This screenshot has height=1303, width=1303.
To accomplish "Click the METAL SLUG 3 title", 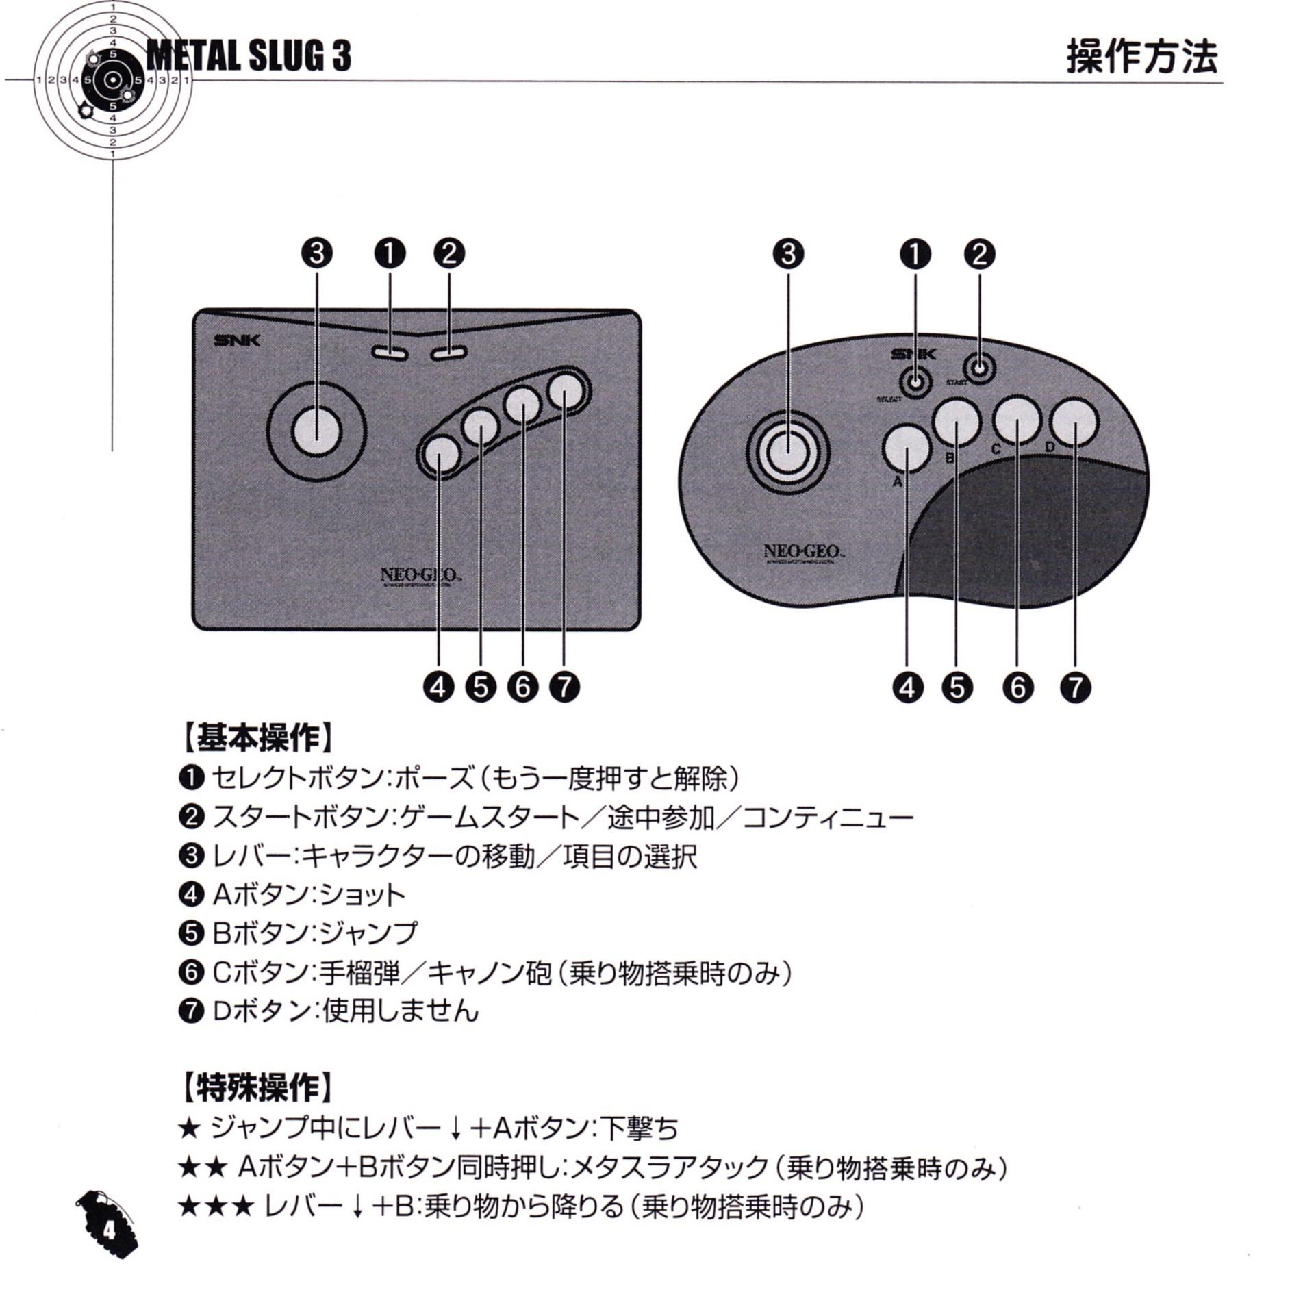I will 249,55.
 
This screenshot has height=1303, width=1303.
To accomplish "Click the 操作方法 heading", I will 1141,56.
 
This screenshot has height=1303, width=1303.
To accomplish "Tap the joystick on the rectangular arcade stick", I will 316,431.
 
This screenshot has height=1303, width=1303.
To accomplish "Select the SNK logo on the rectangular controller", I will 237,340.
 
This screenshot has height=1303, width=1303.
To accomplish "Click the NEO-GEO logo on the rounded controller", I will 804,551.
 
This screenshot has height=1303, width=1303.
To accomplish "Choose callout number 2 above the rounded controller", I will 980,254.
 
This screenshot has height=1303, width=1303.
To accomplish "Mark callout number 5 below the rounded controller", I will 957,687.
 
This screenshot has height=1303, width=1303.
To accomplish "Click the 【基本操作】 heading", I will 260,737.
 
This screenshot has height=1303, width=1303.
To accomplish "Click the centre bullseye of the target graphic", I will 112,81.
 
